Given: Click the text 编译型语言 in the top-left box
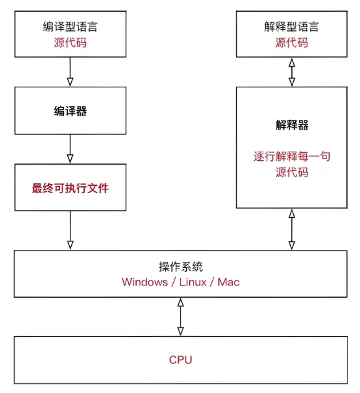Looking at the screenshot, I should [70, 28].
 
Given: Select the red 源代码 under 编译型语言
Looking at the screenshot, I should [70, 43].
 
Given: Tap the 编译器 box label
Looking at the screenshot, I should [70, 111].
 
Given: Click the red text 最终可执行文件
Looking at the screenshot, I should [70, 188].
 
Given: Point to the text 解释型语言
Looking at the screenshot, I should [291, 28].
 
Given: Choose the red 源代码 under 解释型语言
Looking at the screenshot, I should [291, 43].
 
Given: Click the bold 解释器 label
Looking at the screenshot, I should [291, 126].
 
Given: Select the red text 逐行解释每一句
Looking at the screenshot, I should [291, 157].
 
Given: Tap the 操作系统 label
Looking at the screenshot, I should [181, 267].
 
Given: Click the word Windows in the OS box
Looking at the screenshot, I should [144, 282].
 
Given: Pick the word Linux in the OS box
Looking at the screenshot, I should [194, 282].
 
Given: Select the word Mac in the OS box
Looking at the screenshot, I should [228, 282].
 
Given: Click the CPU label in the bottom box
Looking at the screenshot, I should [181, 360].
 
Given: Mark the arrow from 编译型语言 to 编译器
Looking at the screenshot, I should [70, 72].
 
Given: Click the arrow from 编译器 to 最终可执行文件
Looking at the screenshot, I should [70, 149].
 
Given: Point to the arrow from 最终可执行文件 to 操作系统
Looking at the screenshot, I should [70, 230].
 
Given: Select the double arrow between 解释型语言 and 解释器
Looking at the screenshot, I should [291, 72].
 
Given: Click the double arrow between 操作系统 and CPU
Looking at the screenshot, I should [181, 316].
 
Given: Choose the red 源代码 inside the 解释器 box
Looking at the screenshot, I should [291, 172].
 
